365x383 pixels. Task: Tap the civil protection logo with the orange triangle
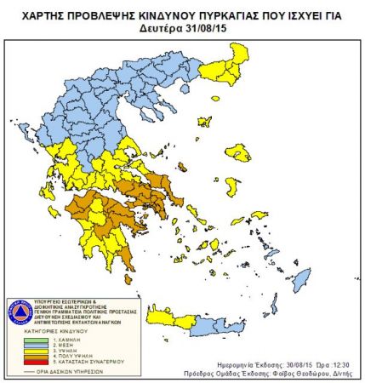[x=19, y=310]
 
